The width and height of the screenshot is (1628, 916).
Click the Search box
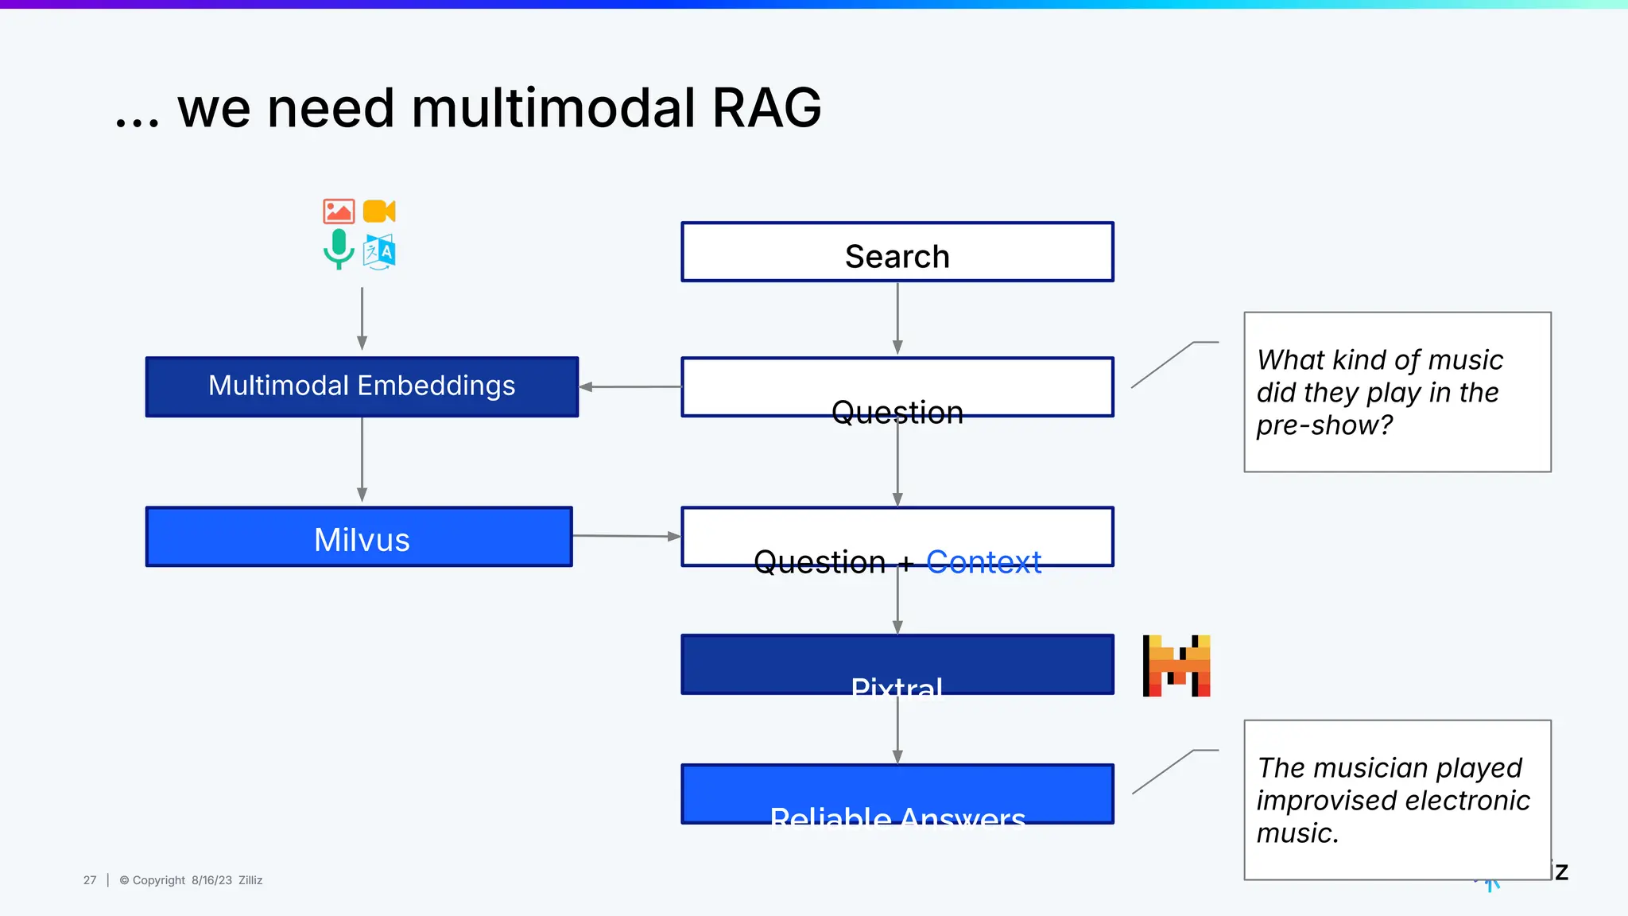tap(897, 253)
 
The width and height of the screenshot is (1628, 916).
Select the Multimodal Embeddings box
tap(362, 386)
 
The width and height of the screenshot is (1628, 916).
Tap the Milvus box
tap(359, 538)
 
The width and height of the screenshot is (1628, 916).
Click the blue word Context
tap(983, 561)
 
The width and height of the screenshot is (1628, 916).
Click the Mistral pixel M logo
tap(1176, 666)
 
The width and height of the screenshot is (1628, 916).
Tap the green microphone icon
tap(339, 249)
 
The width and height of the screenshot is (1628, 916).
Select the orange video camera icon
tap(379, 212)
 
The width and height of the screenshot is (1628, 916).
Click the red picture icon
tap(339, 212)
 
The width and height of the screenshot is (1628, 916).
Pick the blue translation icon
tap(379, 252)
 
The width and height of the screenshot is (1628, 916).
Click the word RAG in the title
tap(766, 108)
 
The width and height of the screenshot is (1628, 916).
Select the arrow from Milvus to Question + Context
tap(626, 536)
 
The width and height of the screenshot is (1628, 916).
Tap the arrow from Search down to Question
tap(897, 318)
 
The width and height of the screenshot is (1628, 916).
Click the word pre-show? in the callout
tap(1324, 425)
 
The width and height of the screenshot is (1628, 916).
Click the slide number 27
tap(90, 880)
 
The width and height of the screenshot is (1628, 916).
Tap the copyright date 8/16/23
tap(211, 880)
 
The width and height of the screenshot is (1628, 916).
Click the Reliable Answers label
tap(897, 816)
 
